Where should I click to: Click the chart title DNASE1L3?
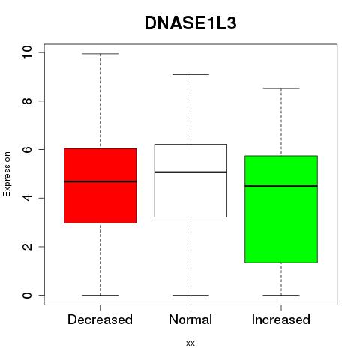190,23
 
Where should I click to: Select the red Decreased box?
100,186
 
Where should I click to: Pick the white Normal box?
190,181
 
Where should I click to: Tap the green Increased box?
281,209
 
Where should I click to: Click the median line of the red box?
100,181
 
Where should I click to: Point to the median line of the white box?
190,172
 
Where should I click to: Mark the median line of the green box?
281,186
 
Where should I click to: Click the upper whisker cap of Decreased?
100,54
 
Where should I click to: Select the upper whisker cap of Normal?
190,74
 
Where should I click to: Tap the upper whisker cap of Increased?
281,88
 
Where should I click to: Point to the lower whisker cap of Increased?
281,295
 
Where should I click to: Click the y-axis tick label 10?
27,52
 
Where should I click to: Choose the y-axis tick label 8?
27,100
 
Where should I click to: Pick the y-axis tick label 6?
27,149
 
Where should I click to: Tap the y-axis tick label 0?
27,295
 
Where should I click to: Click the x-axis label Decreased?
100,319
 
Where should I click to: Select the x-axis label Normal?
190,319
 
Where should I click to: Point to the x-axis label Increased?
281,319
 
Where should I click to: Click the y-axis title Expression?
7,174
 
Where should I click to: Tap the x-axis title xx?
190,343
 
